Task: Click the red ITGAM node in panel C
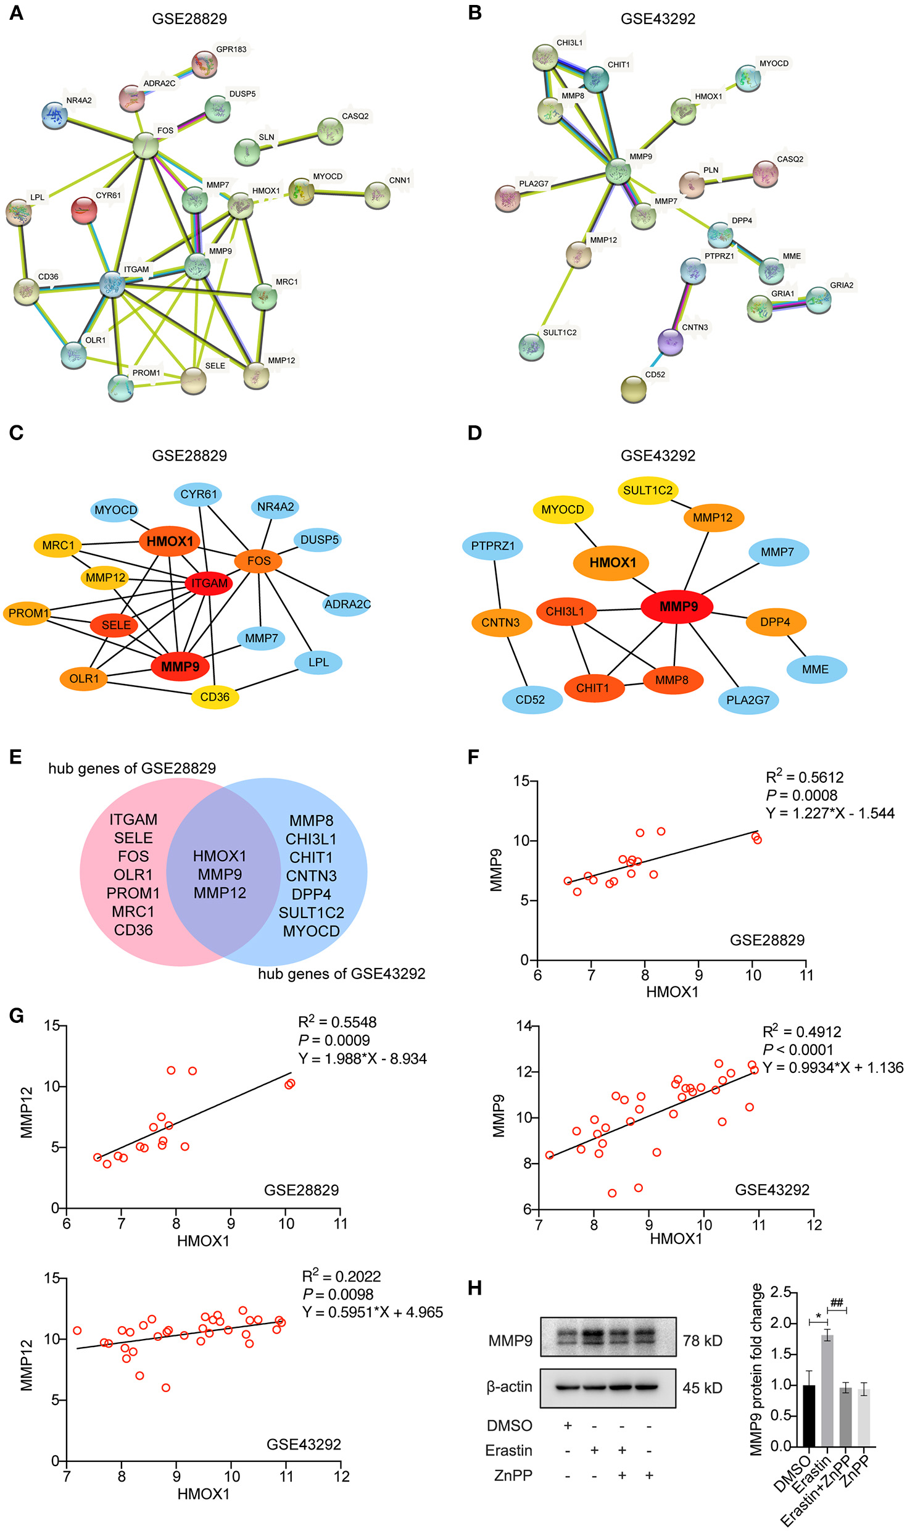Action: (x=209, y=583)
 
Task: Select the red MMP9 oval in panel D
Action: (x=677, y=606)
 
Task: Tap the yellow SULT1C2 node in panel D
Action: (x=647, y=490)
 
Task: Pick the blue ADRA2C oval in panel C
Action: (x=347, y=604)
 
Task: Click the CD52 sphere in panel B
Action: (x=634, y=390)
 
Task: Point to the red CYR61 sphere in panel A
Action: (x=84, y=211)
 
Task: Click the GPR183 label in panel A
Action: (x=231, y=49)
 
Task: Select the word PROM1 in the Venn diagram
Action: (x=133, y=893)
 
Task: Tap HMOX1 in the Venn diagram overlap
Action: (x=220, y=856)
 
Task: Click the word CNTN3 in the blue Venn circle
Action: (x=312, y=875)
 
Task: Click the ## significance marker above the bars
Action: (x=837, y=1303)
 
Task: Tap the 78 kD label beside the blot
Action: (x=703, y=1340)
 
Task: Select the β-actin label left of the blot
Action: (x=509, y=1387)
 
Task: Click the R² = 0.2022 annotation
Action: (x=341, y=1276)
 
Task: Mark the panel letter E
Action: (x=15, y=757)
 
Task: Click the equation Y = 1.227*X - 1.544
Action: (x=830, y=813)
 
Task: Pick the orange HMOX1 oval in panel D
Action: (x=612, y=562)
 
